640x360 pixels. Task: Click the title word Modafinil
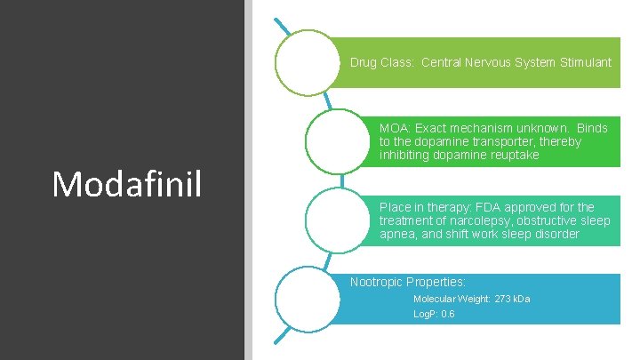127,183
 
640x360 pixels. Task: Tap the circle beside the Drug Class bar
308,62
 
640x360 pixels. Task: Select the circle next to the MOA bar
337,141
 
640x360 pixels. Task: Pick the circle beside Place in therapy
337,220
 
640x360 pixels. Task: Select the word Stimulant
584,63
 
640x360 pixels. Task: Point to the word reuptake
513,156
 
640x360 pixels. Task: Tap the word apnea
397,234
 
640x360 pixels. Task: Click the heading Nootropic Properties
408,282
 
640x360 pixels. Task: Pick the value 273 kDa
512,300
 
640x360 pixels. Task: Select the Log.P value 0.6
448,315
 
